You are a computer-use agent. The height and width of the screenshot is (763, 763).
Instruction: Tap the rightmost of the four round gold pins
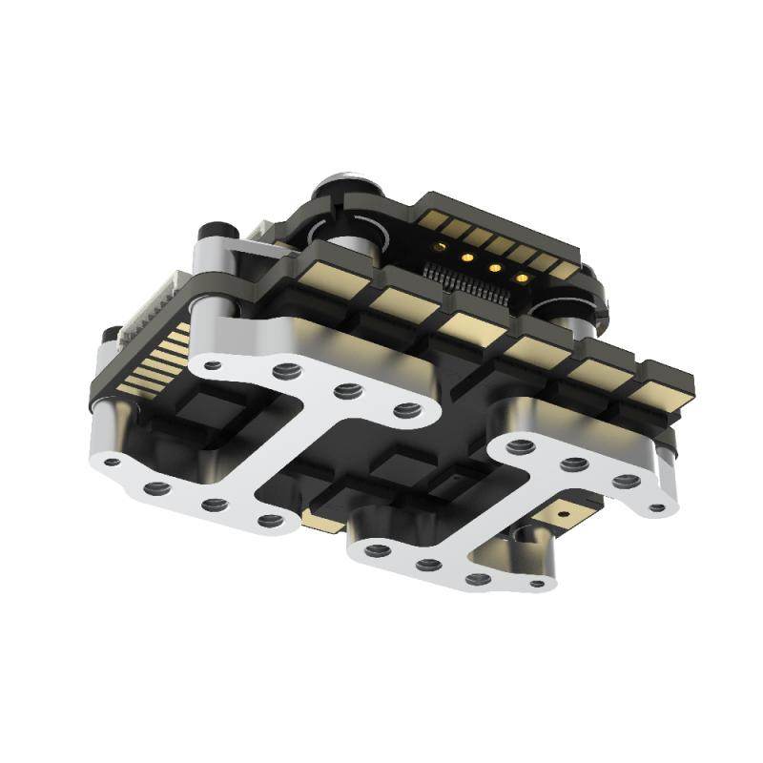[x=522, y=278]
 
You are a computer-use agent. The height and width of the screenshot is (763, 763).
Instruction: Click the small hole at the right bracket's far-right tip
[x=656, y=506]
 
